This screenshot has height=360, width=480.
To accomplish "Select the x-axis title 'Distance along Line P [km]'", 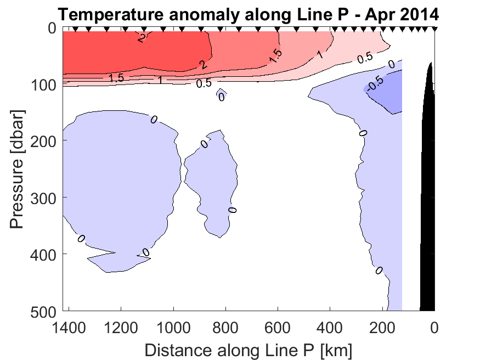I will click(248, 349).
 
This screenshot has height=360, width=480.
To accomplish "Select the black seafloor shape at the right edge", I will click(428, 220).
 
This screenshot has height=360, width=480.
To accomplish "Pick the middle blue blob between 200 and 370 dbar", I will click(211, 176).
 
